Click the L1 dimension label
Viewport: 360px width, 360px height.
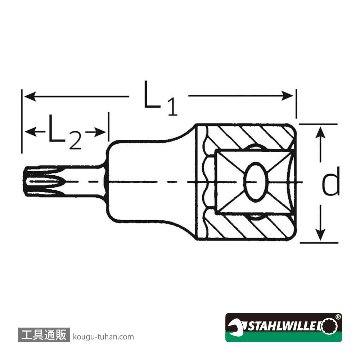click(x=161, y=99)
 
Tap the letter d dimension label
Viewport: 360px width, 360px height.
click(x=331, y=182)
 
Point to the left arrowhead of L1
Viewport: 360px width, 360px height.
click(x=30, y=97)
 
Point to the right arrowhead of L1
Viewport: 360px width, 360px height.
click(x=287, y=96)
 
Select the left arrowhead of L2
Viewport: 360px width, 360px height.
click(x=30, y=132)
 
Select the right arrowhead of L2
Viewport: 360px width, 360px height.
click(x=100, y=132)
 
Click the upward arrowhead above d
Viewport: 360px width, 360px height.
click(x=320, y=133)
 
